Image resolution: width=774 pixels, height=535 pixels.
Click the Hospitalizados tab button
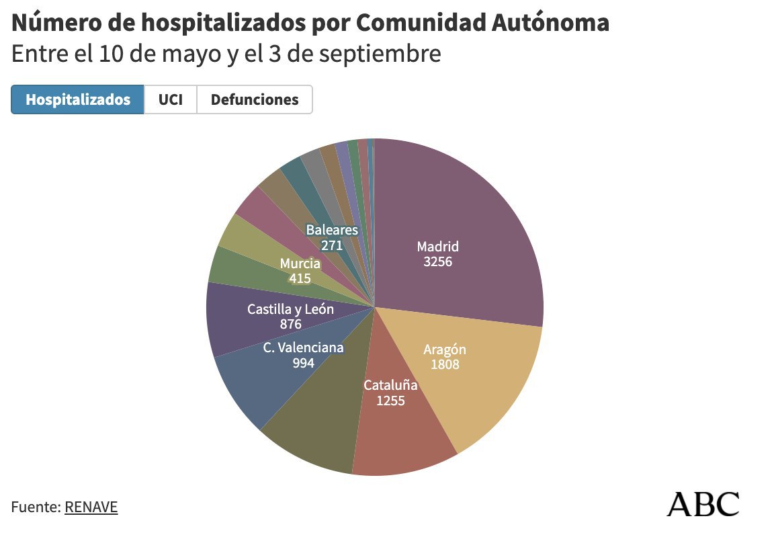77,99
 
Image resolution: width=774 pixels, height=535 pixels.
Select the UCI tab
170,99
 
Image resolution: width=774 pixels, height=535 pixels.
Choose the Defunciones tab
255,99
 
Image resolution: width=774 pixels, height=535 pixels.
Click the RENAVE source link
91,507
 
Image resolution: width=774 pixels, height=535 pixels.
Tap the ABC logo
703,503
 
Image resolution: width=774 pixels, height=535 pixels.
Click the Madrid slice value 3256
437,261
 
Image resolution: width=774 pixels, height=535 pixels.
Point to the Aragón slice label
444,349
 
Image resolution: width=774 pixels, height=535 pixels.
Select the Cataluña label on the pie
390,385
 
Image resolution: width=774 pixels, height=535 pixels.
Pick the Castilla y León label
290,309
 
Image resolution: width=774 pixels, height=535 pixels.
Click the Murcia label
300,263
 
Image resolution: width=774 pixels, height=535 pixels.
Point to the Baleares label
332,230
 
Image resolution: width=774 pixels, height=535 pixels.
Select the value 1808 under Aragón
444,364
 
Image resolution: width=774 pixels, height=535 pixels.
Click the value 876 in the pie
290,324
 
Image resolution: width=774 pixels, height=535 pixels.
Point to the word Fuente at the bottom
34,507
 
